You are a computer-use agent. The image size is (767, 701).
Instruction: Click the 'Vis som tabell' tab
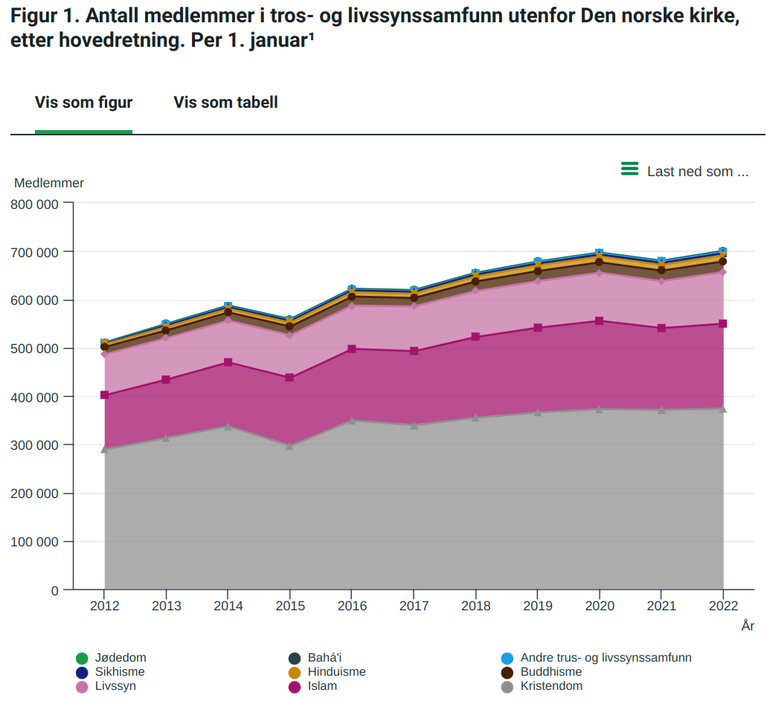225,103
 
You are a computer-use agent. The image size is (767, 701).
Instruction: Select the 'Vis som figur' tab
83,103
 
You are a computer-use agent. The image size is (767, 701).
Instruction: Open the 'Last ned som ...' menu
697,172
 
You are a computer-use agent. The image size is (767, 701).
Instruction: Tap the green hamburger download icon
629,169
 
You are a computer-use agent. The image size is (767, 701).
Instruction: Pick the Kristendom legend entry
551,686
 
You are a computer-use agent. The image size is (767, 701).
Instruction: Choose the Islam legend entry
322,686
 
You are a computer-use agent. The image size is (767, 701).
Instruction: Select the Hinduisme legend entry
336,672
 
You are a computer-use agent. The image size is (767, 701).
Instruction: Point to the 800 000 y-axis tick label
35,204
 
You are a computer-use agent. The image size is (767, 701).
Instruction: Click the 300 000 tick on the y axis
35,445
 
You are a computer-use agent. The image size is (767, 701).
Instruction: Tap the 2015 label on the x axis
290,607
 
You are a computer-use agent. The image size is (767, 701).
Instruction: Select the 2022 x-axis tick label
723,607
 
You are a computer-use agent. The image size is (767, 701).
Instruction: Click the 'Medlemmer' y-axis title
49,183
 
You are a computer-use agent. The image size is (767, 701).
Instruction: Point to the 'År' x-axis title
748,627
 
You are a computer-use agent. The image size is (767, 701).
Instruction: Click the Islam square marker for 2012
105,395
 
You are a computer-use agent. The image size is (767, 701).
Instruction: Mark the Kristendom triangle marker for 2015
290,446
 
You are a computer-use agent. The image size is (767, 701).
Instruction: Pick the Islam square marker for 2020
600,321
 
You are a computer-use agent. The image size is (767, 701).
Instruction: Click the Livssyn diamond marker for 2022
723,272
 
